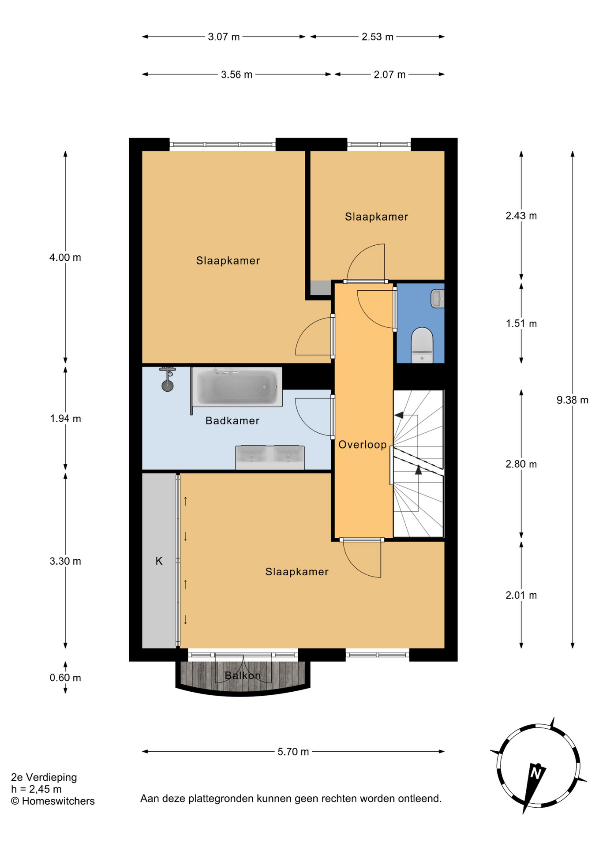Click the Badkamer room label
pyautogui.click(x=232, y=421)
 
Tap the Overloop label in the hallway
pyautogui.click(x=363, y=445)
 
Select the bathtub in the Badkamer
pyautogui.click(x=237, y=387)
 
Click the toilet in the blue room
pyautogui.click(x=422, y=345)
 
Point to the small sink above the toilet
pyautogui.click(x=438, y=299)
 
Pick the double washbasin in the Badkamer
pyautogui.click(x=270, y=457)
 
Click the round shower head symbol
pyautogui.click(x=168, y=386)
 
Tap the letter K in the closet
pyautogui.click(x=159, y=561)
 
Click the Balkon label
pyautogui.click(x=243, y=675)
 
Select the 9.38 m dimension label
pyautogui.click(x=573, y=400)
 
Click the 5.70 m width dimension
pyautogui.click(x=293, y=752)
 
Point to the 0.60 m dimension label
pyautogui.click(x=65, y=678)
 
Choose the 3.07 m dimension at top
pyautogui.click(x=224, y=37)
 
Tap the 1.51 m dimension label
pyautogui.click(x=521, y=324)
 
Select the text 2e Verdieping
pyautogui.click(x=44, y=777)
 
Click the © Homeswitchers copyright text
pyautogui.click(x=53, y=801)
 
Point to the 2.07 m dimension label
pyautogui.click(x=389, y=75)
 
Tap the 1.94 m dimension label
pyautogui.click(x=65, y=419)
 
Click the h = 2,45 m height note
pyautogui.click(x=37, y=789)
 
